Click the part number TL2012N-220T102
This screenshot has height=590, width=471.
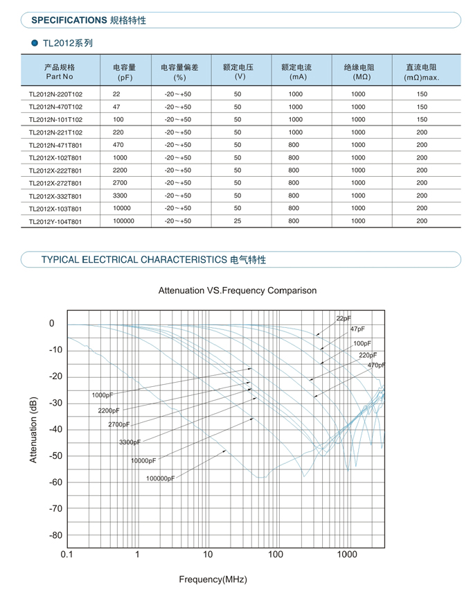click(x=55, y=94)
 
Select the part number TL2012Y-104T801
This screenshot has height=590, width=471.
click(x=55, y=221)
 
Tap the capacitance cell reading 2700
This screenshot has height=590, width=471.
click(x=120, y=183)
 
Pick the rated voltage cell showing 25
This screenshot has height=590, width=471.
click(x=238, y=221)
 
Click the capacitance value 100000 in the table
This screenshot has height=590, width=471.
click(x=124, y=221)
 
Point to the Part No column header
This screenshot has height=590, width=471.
click(x=60, y=76)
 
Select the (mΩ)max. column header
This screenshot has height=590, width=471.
click(x=421, y=78)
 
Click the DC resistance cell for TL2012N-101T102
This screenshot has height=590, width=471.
click(x=422, y=120)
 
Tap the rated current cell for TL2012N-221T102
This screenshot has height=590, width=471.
click(x=296, y=132)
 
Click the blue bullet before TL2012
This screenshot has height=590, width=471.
click(x=35, y=43)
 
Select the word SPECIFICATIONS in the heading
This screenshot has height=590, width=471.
click(x=69, y=20)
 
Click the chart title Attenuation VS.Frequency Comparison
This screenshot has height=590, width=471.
click(x=238, y=290)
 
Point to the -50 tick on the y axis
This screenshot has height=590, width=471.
click(x=55, y=455)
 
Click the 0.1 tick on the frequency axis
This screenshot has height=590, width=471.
click(x=67, y=554)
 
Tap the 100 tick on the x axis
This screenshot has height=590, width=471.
click(x=276, y=554)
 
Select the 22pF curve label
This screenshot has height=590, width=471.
click(x=344, y=318)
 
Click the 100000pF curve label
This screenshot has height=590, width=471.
click(x=161, y=478)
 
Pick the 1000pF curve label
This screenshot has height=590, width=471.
click(x=103, y=395)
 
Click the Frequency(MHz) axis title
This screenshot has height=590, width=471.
click(x=213, y=580)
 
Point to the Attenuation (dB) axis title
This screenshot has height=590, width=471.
click(x=33, y=430)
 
